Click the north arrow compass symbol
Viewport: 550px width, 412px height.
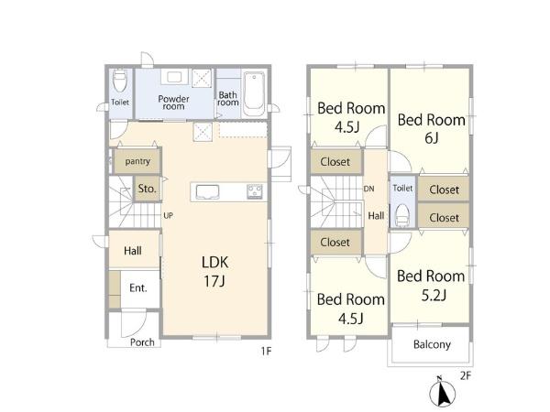pyautogui.click(x=443, y=392)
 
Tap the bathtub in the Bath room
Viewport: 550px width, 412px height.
pyautogui.click(x=254, y=94)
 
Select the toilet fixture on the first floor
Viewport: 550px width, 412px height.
pyautogui.click(x=120, y=81)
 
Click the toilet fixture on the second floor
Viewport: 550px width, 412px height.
pyautogui.click(x=402, y=215)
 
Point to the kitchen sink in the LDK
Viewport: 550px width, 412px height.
pyautogui.click(x=207, y=192)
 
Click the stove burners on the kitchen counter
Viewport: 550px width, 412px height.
pyautogui.click(x=255, y=191)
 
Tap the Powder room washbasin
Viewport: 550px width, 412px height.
pyautogui.click(x=174, y=77)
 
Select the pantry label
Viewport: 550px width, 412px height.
pyautogui.click(x=137, y=161)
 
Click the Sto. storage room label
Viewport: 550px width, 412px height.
pyautogui.click(x=147, y=189)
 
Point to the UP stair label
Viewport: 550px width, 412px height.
pyautogui.click(x=168, y=216)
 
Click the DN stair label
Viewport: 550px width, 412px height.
pyautogui.click(x=369, y=189)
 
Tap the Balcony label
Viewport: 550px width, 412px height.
pyautogui.click(x=432, y=344)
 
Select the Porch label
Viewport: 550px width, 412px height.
pyautogui.click(x=142, y=342)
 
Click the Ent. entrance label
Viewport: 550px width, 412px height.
pyautogui.click(x=138, y=288)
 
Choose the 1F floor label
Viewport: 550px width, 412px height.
pyautogui.click(x=266, y=351)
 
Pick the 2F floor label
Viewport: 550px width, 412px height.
pyautogui.click(x=465, y=376)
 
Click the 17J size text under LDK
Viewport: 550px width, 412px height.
pyautogui.click(x=214, y=281)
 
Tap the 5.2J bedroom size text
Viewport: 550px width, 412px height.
pyautogui.click(x=434, y=296)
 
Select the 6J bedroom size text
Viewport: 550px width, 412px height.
pyautogui.click(x=432, y=138)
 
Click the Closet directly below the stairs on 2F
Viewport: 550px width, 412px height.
pyautogui.click(x=335, y=242)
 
